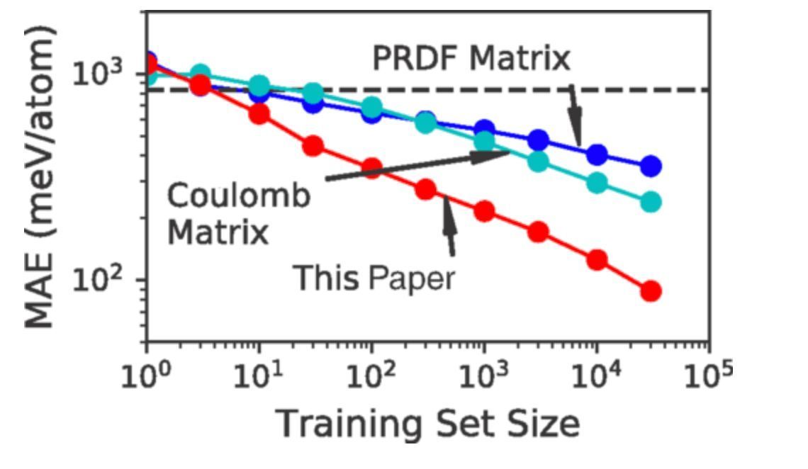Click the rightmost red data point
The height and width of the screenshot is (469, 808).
pyautogui.click(x=651, y=290)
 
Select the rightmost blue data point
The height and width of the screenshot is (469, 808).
pyautogui.click(x=651, y=166)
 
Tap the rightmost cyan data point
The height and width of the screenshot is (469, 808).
pyautogui.click(x=651, y=202)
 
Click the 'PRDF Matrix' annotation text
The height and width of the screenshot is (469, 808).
pyautogui.click(x=471, y=59)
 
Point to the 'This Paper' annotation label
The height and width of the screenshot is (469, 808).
pyautogui.click(x=374, y=278)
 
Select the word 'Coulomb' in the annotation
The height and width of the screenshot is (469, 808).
pyautogui.click(x=239, y=196)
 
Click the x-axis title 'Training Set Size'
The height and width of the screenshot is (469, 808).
pyautogui.click(x=427, y=424)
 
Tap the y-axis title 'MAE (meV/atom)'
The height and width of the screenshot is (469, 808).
pyautogui.click(x=40, y=177)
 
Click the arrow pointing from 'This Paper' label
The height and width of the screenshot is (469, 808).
pyautogui.click(x=449, y=227)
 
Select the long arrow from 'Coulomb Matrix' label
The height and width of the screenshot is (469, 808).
pyautogui.click(x=418, y=166)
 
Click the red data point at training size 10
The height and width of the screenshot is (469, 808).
pyautogui.click(x=259, y=113)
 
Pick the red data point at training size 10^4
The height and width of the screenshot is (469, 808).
pyautogui.click(x=597, y=259)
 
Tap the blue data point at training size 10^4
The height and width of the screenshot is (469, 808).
pyautogui.click(x=597, y=154)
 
